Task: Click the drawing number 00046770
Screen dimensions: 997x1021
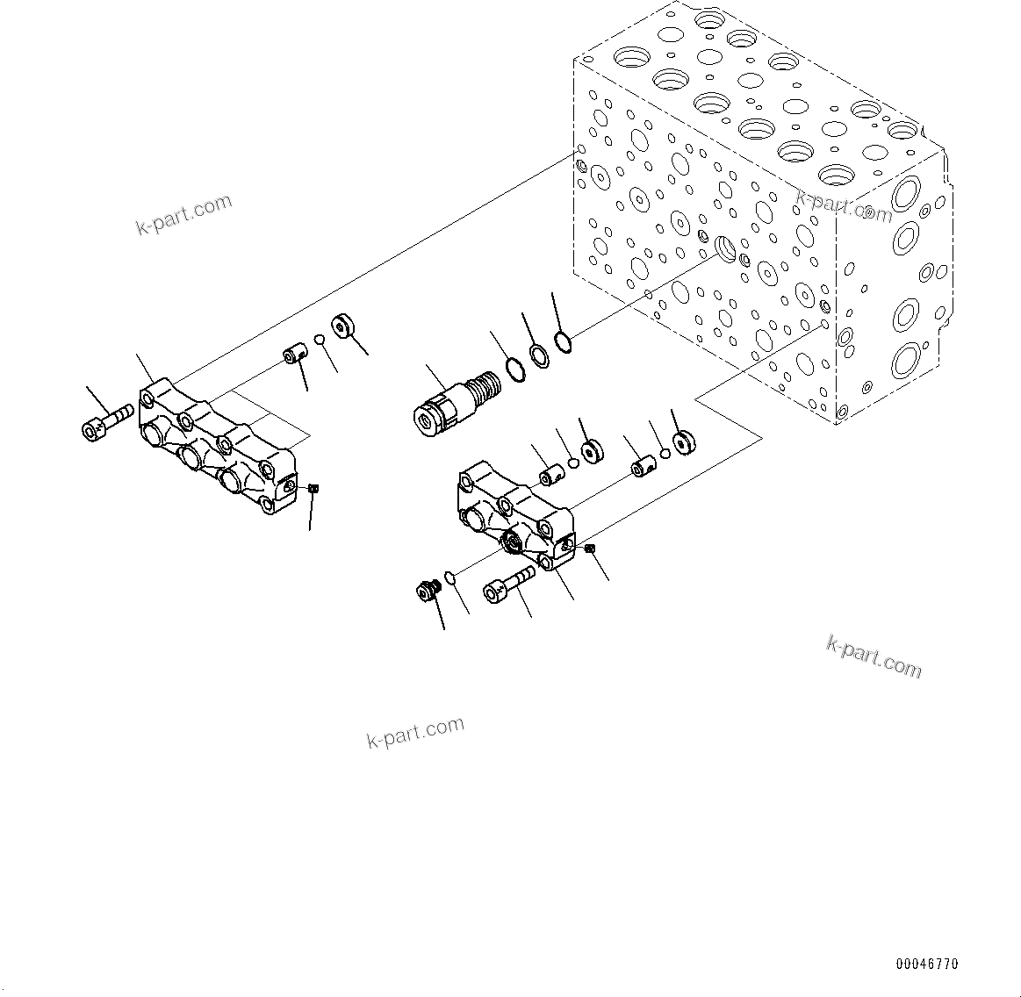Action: (x=927, y=964)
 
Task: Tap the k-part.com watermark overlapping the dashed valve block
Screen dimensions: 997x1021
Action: (x=843, y=207)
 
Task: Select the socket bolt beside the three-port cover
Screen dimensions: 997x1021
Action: (x=106, y=420)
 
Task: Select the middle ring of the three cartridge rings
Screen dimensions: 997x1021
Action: (x=540, y=355)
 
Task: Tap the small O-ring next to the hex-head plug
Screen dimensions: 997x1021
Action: (x=449, y=577)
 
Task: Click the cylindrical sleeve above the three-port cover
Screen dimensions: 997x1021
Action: (x=293, y=357)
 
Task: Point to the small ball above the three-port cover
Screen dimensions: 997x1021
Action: (x=321, y=341)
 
